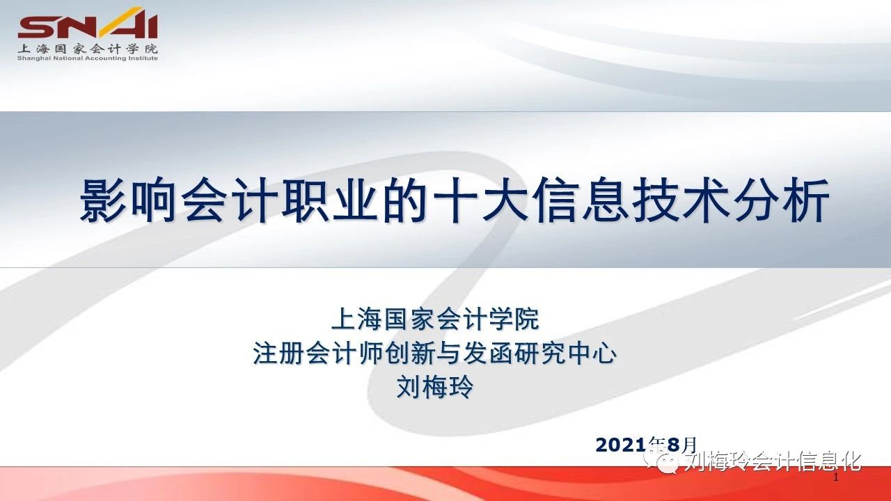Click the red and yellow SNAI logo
click(x=88, y=23)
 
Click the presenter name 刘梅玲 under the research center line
click(x=435, y=386)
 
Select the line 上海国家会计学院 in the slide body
click(x=435, y=318)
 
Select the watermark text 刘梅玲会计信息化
click(x=773, y=462)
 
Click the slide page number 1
click(x=836, y=477)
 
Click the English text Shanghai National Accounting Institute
click(x=88, y=58)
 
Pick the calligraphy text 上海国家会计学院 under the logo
click(x=88, y=49)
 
